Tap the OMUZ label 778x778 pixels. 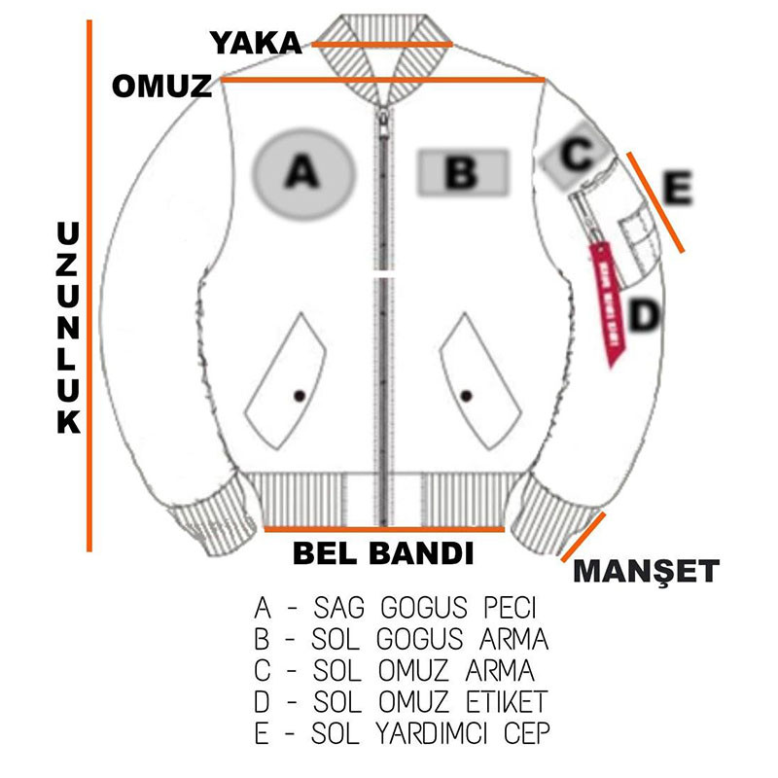coord(161,86)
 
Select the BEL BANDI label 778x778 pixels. coord(383,553)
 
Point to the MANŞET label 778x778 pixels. coord(646,571)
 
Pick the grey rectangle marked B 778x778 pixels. coord(462,172)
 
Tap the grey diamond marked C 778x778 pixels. coord(577,153)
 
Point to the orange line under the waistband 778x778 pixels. coord(384,530)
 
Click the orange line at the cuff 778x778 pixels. coord(584,537)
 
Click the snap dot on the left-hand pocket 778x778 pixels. coord(299,394)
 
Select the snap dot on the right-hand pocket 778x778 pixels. coord(467,394)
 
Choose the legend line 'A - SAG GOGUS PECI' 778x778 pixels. coord(395,610)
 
